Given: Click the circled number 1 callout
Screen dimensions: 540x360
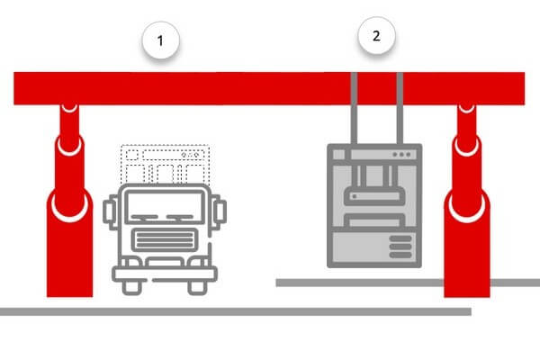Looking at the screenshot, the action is pos(161,40).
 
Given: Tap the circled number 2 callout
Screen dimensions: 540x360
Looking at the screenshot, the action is pos(376,36).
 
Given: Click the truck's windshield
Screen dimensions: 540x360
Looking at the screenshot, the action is pos(165,207).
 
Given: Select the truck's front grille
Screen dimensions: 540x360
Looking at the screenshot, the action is pos(165,239).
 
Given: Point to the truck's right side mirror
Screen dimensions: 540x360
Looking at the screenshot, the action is pos(219,211).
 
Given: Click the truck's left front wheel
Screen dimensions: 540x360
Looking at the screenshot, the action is pos(132,288).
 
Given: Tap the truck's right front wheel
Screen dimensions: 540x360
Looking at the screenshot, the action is pos(197,288).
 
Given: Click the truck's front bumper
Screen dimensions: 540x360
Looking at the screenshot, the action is pos(165,274).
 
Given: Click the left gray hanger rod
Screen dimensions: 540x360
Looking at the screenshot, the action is pos(354,108).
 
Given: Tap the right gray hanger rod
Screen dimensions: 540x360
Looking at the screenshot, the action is pos(400,108).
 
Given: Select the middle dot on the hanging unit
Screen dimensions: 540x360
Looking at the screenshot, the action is pos(401,155).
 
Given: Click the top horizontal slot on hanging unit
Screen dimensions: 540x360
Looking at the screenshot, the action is pos(400,238).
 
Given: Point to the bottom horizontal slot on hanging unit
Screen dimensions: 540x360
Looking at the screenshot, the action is pos(400,255).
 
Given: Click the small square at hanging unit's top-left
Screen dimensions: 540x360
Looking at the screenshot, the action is pos(339,155).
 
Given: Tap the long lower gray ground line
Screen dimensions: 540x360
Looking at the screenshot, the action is pos(236,311).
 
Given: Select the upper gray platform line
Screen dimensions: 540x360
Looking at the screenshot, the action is pos(408,283).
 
